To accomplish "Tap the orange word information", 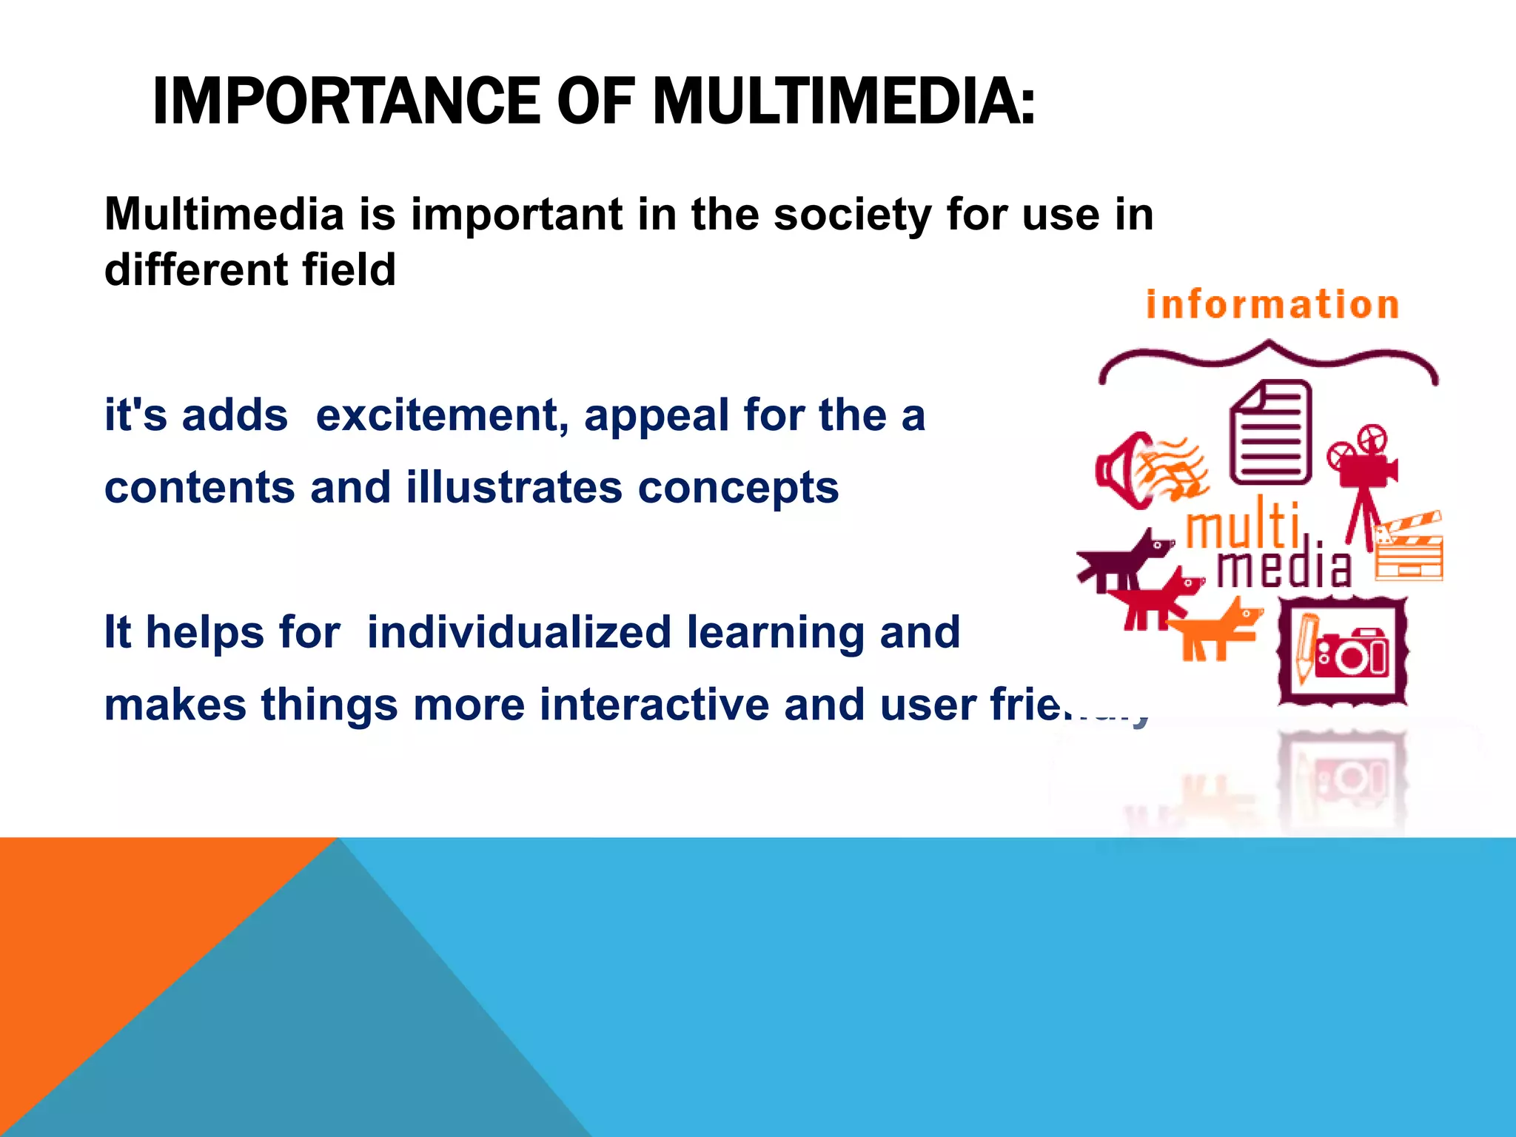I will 1272,305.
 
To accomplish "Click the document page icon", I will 1270,432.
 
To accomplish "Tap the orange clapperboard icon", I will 1409,548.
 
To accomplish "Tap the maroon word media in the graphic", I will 1285,568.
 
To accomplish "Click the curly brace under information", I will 1268,360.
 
